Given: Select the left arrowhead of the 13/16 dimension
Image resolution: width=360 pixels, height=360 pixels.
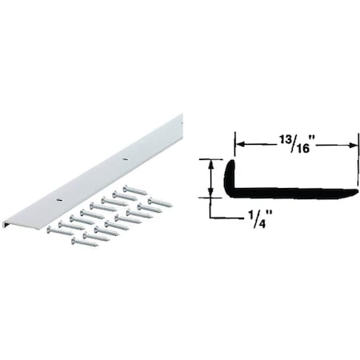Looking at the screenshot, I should tap(238, 144).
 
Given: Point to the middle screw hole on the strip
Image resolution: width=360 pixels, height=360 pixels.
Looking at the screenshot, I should tap(123, 160).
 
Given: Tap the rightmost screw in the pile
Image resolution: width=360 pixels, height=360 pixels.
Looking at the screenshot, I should tap(159, 202).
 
